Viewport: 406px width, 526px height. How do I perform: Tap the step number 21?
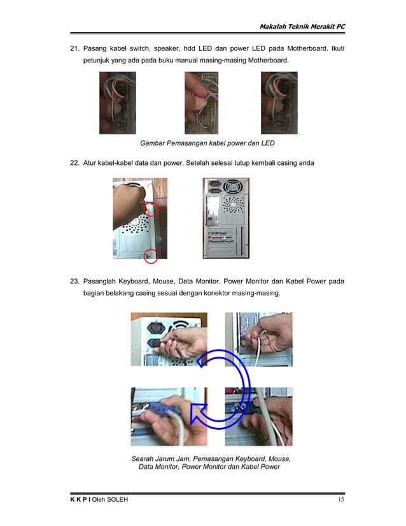pos(73,48)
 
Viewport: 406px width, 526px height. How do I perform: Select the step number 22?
pos(73,162)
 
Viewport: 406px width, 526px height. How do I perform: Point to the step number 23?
pos(73,281)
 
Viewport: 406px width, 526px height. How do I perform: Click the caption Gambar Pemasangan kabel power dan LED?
pos(207,143)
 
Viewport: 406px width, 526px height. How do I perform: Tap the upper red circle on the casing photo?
pos(151,208)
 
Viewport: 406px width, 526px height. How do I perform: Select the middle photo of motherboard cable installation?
pos(201,103)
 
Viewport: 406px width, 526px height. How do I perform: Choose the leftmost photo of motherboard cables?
pos(117,103)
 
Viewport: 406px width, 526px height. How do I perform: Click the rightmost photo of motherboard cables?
pos(279,103)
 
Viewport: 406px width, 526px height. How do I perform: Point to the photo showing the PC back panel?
pos(226,218)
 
